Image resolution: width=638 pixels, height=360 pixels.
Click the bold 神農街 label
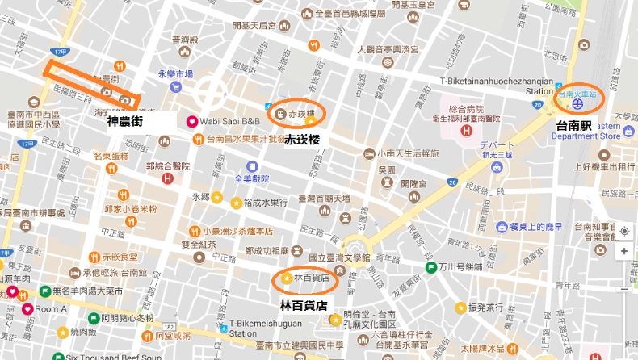pyautogui.click(x=125, y=122)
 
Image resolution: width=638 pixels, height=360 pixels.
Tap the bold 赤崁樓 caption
pyautogui.click(x=302, y=140)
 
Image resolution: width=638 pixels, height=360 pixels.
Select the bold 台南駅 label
pyautogui.click(x=574, y=126)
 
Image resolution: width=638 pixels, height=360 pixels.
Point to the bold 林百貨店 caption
pyautogui.click(x=304, y=306)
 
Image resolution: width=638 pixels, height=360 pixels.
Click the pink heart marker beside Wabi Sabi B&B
pyautogui.click(x=192, y=122)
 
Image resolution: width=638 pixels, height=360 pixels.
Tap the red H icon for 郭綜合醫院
pyautogui.click(x=167, y=178)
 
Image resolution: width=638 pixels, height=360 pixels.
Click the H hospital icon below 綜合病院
pyautogui.click(x=466, y=131)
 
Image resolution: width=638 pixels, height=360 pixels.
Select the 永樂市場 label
pyautogui.click(x=176, y=73)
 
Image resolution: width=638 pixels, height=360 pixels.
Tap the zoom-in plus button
pyautogui.click(x=624, y=251)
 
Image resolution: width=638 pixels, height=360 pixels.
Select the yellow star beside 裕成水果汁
pyautogui.click(x=236, y=203)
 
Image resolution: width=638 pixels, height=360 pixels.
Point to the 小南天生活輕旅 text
pyautogui.click(x=409, y=153)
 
